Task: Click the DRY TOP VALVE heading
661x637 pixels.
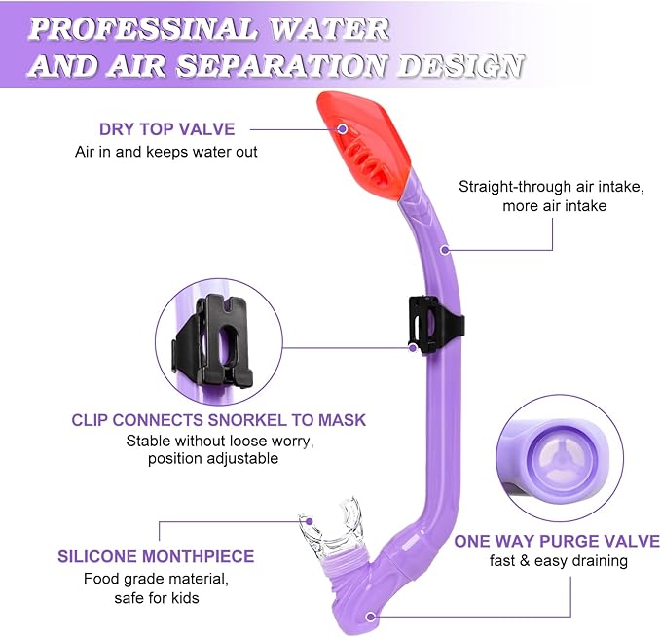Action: [x=166, y=128]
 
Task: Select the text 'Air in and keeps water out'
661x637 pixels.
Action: [x=166, y=152]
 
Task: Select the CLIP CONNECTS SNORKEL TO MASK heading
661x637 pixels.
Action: [x=219, y=420]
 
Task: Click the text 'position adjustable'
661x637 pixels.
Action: [x=212, y=458]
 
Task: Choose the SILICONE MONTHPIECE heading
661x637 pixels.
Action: [x=156, y=557]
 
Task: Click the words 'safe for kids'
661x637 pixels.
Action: [x=157, y=598]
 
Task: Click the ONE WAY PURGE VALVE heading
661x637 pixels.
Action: [x=557, y=542]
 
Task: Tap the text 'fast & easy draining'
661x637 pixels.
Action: [x=557, y=561]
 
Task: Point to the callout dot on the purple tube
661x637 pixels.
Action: [x=445, y=249]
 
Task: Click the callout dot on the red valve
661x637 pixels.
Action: [x=343, y=128]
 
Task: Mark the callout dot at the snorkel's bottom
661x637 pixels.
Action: [x=371, y=616]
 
